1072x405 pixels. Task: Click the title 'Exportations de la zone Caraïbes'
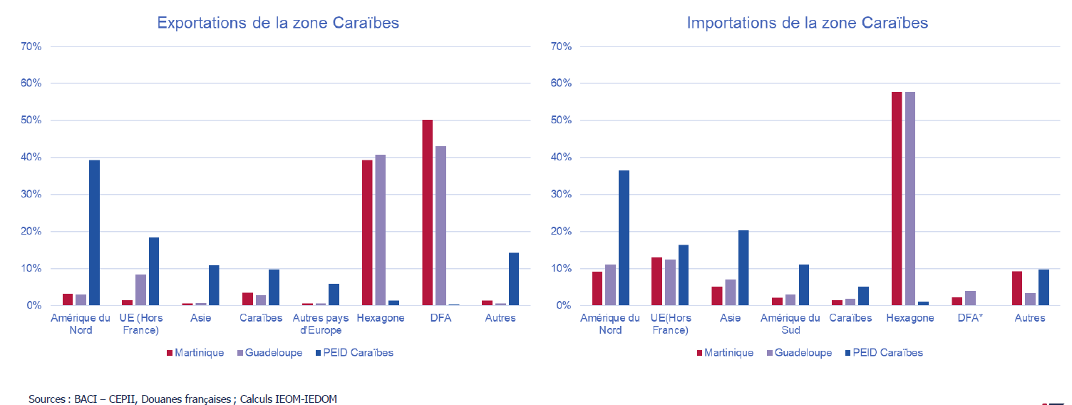278,23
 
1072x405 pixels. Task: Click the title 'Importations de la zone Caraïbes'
807,23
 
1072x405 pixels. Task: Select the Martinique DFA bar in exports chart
427,212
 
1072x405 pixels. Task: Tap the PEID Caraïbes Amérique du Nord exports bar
94,232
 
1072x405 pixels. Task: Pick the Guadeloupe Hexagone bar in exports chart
381,230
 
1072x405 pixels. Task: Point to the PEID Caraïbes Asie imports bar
743,267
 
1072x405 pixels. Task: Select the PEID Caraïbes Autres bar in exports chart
513,279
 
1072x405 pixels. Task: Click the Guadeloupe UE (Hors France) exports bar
140,289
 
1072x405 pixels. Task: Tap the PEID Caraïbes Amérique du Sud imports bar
803,284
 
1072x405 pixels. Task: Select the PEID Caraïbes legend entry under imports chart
884,352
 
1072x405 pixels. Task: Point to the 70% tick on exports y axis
33,46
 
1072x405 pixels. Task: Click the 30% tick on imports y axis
562,194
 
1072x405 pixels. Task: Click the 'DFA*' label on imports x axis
969,318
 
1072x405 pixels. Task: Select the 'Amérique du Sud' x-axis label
790,324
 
